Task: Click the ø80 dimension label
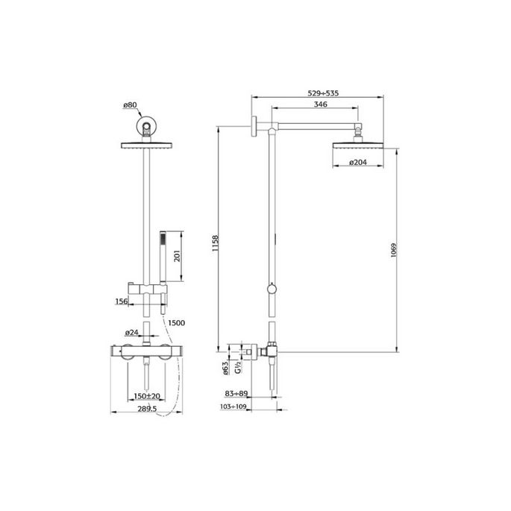coord(130,107)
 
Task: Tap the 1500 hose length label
coord(176,322)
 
